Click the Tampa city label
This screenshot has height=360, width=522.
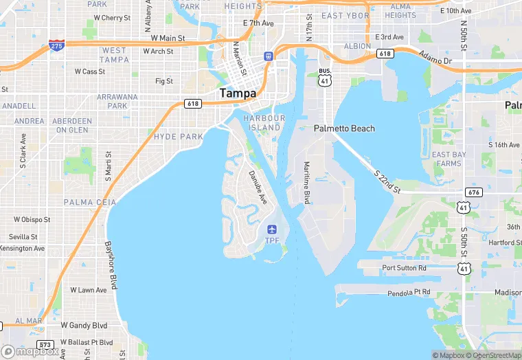(x=238, y=93)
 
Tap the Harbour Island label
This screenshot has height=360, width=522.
(x=264, y=123)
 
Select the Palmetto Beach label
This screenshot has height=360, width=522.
(x=344, y=128)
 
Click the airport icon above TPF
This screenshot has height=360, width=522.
(x=273, y=229)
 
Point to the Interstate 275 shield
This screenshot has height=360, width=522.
(x=57, y=46)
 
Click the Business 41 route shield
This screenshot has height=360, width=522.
(x=325, y=76)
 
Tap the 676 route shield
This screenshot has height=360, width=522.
(x=473, y=192)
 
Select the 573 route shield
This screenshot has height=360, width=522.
(x=46, y=345)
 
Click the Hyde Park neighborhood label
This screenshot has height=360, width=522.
(x=179, y=137)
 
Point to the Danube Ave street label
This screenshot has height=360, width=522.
(x=258, y=188)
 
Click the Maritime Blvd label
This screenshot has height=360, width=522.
(x=307, y=183)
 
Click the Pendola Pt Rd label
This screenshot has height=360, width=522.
(x=408, y=293)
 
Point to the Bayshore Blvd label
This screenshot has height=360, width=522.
(x=111, y=265)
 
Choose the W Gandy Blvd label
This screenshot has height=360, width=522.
(x=84, y=325)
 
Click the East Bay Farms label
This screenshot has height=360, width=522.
(x=447, y=159)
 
